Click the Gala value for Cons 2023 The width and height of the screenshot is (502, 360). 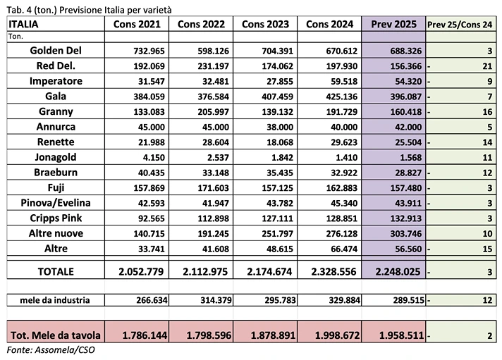pos(271,97)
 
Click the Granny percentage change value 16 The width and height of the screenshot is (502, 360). pos(486,111)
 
